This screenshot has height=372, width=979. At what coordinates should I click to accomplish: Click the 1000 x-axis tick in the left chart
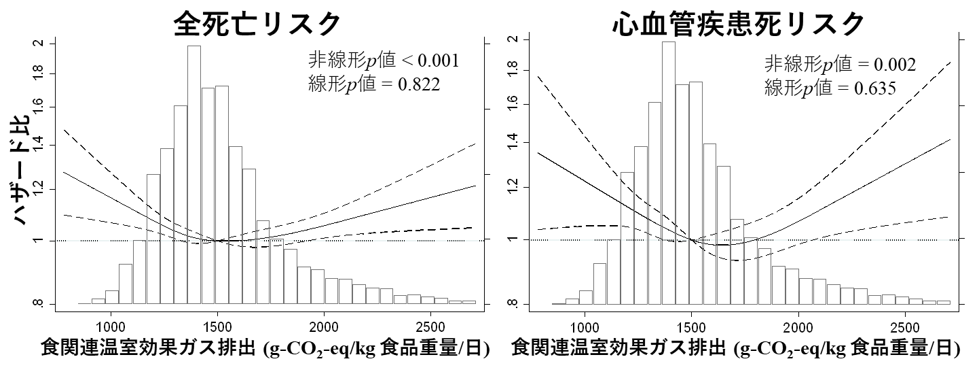coord(110,327)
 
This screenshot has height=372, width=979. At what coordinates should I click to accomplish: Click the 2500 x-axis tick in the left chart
coord(429,327)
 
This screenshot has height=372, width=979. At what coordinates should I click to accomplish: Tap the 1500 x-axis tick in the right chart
coord(691,327)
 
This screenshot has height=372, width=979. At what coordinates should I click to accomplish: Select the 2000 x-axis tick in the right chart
coord(798,327)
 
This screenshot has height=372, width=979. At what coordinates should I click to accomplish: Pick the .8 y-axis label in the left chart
coord(39,303)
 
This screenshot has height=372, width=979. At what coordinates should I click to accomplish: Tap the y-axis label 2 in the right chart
coord(513,39)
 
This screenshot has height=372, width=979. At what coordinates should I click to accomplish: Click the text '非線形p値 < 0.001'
coord(384,61)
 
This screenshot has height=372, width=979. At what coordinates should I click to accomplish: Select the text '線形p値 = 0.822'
coord(374,84)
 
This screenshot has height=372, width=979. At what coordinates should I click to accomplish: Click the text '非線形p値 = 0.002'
coord(840,65)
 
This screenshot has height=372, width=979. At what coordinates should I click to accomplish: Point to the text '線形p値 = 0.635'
coord(830,88)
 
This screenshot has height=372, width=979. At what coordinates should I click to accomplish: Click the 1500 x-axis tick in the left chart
coord(217,327)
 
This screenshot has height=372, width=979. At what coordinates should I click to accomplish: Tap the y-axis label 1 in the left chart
coord(39,240)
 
